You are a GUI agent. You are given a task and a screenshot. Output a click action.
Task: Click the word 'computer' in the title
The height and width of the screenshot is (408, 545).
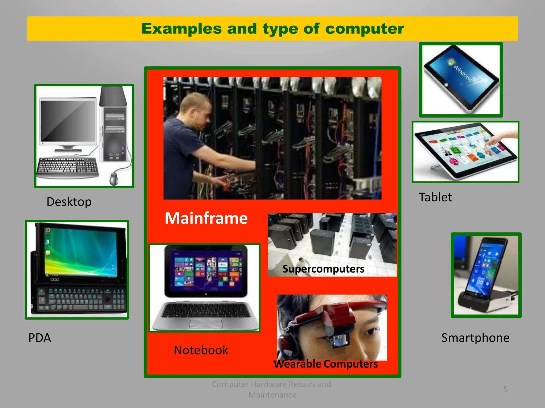[364, 29]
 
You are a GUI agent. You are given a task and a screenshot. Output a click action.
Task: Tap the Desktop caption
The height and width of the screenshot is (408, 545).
[69, 202]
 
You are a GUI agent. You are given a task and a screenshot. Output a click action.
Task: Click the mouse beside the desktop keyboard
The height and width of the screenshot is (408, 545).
[114, 179]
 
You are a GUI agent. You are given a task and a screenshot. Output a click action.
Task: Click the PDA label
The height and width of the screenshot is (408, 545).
[39, 338]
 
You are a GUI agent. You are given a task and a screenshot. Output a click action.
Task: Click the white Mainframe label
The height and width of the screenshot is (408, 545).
[206, 218]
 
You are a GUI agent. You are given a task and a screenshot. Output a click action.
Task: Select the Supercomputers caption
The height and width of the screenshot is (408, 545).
[323, 269]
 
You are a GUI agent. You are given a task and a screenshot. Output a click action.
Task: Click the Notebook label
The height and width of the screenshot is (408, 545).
[201, 350]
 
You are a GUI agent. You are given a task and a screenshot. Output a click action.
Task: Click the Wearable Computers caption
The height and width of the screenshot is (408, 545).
[325, 364]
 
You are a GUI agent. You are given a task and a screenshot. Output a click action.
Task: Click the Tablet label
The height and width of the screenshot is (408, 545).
[435, 197]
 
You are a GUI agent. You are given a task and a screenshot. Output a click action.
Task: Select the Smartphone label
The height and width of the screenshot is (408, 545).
[475, 338]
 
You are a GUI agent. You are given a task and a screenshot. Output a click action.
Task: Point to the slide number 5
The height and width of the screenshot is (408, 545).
[506, 389]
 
